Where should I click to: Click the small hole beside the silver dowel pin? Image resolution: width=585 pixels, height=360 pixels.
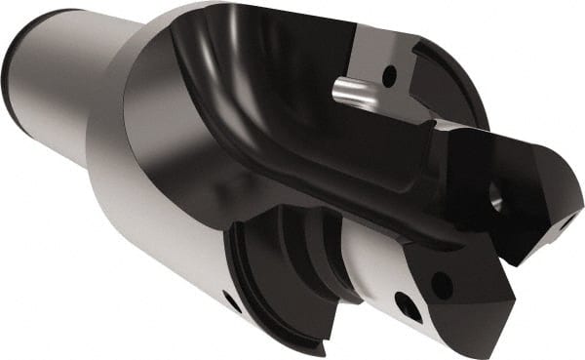tap(389, 72)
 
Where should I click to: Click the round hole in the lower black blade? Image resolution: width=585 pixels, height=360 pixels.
tap(442, 286)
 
